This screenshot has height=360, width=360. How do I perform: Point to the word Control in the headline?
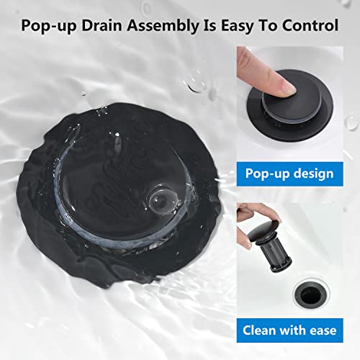tap(311, 27)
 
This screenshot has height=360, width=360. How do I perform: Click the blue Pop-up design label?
tap(289, 174)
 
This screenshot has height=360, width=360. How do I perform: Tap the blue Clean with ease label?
tap(289, 330)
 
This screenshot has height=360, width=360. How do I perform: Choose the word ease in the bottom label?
tap(321, 330)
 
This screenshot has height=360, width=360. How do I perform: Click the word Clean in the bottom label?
tap(260, 330)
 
